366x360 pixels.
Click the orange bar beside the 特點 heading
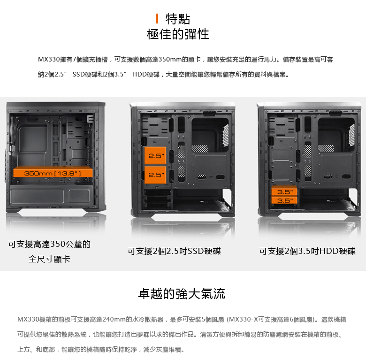[157, 19]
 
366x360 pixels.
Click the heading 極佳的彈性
[178, 34]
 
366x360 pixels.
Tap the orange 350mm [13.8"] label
[53, 173]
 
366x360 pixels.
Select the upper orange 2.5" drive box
[155, 155]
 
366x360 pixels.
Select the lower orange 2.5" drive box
[155, 175]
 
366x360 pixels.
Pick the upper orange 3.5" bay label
[284, 192]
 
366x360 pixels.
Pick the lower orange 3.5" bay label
[284, 200]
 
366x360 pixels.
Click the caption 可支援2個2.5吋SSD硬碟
[174, 251]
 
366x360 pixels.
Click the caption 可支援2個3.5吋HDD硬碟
[307, 251]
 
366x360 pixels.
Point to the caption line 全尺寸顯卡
[49, 259]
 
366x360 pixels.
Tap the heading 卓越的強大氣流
[182, 293]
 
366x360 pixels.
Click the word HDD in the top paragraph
[139, 74]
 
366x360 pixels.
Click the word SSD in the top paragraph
[79, 74]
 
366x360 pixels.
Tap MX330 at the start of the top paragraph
[49, 59]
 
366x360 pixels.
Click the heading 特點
[178, 19]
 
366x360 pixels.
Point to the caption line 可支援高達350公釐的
[49, 244]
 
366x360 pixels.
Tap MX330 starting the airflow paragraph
[28, 319]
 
